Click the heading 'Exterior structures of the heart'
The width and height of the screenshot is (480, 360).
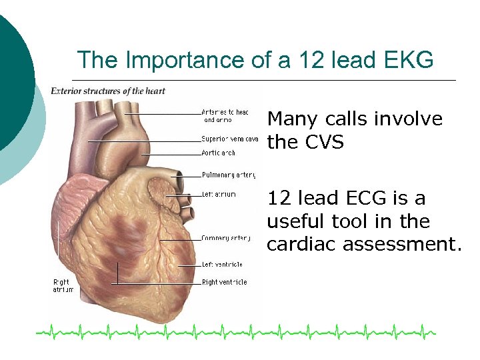tap(108, 91)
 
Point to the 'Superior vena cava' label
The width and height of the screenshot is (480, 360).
tap(229, 139)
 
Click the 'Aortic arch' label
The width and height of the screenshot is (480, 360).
tap(218, 153)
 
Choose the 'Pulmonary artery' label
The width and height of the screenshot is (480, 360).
tap(229, 175)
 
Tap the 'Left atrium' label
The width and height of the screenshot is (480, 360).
tap(218, 195)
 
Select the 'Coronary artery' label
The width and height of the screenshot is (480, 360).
tap(225, 238)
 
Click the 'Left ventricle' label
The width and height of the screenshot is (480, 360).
tap(222, 265)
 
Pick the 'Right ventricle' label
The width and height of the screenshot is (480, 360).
tap(224, 283)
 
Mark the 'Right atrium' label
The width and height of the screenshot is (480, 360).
tap(63, 286)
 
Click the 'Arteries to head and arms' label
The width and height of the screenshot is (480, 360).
tap(225, 116)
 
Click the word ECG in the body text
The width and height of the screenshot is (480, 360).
tap(371, 199)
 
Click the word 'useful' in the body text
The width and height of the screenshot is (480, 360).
tap(295, 221)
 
